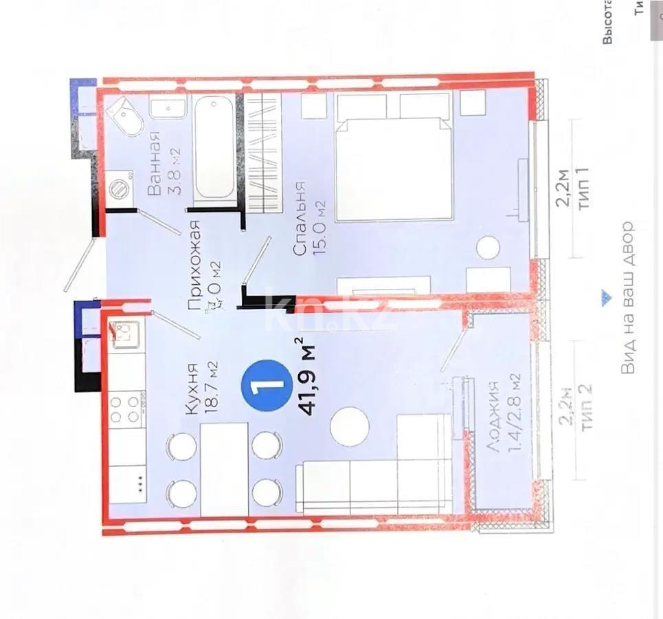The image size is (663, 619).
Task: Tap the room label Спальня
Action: pyautogui.click(x=300, y=219)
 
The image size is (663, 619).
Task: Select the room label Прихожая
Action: pyautogui.click(x=194, y=266)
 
